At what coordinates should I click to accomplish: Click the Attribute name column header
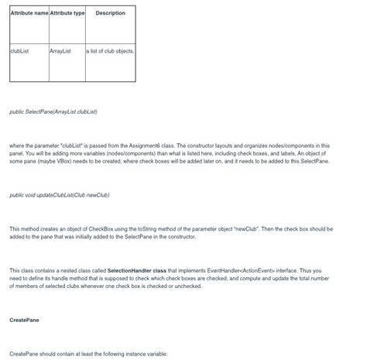coord(29,13)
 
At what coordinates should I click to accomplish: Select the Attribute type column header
coord(67,13)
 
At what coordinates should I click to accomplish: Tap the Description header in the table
coord(110,13)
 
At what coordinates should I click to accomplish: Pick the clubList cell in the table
coord(18,51)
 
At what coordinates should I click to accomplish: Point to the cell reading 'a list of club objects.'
coord(110,51)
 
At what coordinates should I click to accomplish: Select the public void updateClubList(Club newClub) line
coord(59,195)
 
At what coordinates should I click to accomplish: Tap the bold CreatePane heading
coord(24,320)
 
